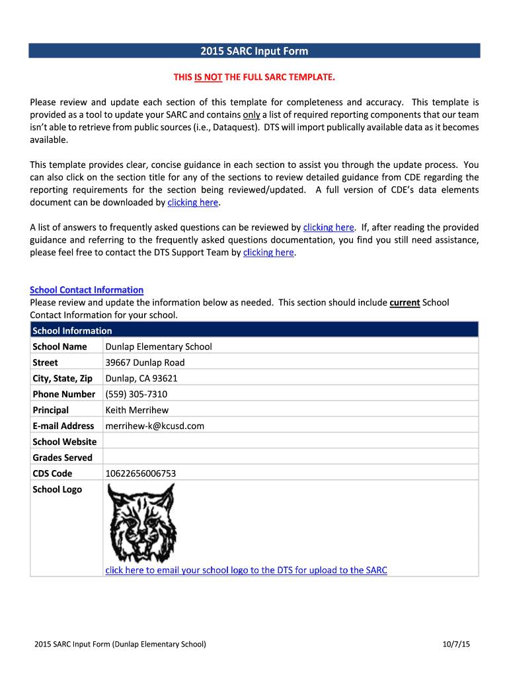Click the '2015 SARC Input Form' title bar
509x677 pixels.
coord(255,51)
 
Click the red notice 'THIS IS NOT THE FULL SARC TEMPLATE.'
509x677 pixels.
coord(255,77)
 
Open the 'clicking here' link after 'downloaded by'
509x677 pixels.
coord(192,202)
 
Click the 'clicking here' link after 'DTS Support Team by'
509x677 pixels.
coord(268,253)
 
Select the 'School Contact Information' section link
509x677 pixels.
coord(87,290)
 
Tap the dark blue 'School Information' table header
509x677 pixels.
coord(255,330)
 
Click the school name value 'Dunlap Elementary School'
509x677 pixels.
coord(159,346)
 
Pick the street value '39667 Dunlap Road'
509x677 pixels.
coord(145,362)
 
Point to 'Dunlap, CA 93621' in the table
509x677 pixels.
coord(141,378)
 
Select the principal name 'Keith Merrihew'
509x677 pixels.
coord(137,410)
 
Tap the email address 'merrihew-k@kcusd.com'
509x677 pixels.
coord(155,426)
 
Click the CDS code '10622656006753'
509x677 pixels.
coord(141,473)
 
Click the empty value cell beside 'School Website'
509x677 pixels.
coord(291,442)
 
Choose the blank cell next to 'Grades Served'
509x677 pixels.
coord(291,458)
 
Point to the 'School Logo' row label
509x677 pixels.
coord(58,489)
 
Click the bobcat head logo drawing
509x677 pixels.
coord(141,522)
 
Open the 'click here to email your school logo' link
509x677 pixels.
coord(246,570)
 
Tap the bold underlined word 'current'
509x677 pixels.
coord(405,302)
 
